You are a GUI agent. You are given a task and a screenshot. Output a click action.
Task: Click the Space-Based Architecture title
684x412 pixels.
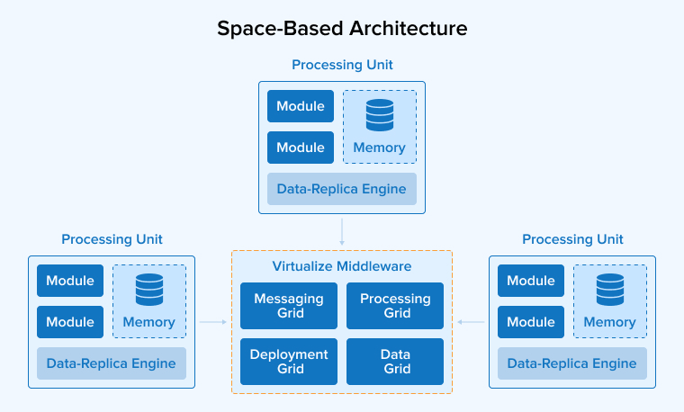click(342, 28)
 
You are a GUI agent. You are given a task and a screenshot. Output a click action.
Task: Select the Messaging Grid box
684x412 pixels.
click(289, 306)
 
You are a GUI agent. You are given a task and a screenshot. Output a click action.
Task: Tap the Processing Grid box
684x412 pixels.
click(395, 306)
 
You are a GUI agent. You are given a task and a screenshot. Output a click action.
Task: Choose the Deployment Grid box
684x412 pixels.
click(289, 362)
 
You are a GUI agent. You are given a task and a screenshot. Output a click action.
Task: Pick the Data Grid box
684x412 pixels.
click(395, 362)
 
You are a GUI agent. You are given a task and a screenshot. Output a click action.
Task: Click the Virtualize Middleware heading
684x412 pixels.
click(342, 266)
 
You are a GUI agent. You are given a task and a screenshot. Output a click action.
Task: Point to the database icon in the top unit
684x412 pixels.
click(380, 115)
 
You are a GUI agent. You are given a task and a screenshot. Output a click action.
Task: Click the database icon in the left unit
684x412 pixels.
click(149, 290)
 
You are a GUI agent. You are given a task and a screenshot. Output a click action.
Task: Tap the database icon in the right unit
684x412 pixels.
click(610, 290)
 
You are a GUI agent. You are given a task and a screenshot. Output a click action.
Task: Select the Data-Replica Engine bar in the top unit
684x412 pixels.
click(342, 189)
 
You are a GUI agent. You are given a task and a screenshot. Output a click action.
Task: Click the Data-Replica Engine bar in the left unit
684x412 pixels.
click(112, 363)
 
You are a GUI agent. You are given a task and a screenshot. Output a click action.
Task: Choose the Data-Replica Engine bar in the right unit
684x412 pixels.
click(572, 363)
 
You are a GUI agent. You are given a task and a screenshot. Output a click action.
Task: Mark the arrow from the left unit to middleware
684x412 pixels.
click(212, 321)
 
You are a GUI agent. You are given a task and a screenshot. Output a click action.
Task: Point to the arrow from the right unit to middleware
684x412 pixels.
click(471, 321)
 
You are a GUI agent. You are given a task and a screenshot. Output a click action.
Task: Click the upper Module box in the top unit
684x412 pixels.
click(301, 106)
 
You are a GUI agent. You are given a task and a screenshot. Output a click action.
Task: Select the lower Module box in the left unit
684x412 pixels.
click(70, 322)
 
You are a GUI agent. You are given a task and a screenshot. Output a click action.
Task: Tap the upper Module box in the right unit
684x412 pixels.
click(531, 281)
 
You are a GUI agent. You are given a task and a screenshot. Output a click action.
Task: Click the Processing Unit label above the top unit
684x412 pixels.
click(342, 65)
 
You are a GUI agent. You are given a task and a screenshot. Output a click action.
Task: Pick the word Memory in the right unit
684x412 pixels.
click(610, 322)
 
